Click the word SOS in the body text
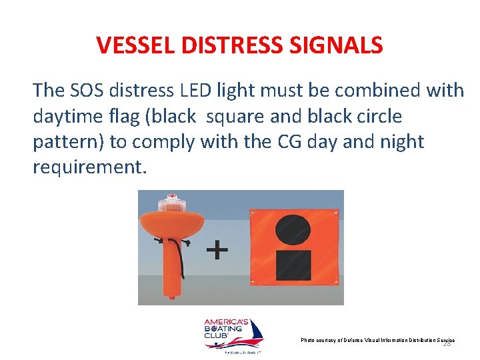(87, 90)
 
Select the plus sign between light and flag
(217, 251)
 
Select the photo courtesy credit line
(377, 340)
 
